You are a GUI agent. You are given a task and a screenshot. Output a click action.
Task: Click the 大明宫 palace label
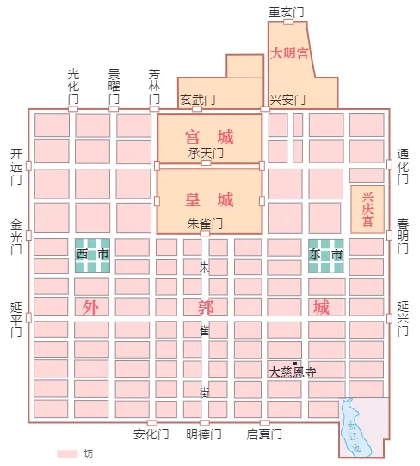[x=289, y=53]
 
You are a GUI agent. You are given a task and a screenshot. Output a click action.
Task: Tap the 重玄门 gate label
[x=287, y=11]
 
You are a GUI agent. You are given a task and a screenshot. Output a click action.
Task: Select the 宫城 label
[x=209, y=137]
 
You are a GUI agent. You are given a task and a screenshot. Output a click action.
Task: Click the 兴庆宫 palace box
[x=367, y=208]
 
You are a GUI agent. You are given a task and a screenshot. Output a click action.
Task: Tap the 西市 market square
[x=92, y=254]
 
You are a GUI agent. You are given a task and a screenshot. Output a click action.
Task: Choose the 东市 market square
[x=326, y=254]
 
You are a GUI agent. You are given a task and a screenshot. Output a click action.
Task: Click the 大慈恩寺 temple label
[x=292, y=372]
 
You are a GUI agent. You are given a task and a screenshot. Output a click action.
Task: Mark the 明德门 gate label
[x=204, y=434]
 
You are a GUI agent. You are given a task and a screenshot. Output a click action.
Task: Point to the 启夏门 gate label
[x=264, y=434]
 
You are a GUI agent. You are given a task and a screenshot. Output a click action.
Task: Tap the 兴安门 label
[x=287, y=100]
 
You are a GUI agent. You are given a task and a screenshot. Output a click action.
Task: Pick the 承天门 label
[x=206, y=152]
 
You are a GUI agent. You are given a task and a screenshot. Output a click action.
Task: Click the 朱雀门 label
[x=205, y=224]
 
